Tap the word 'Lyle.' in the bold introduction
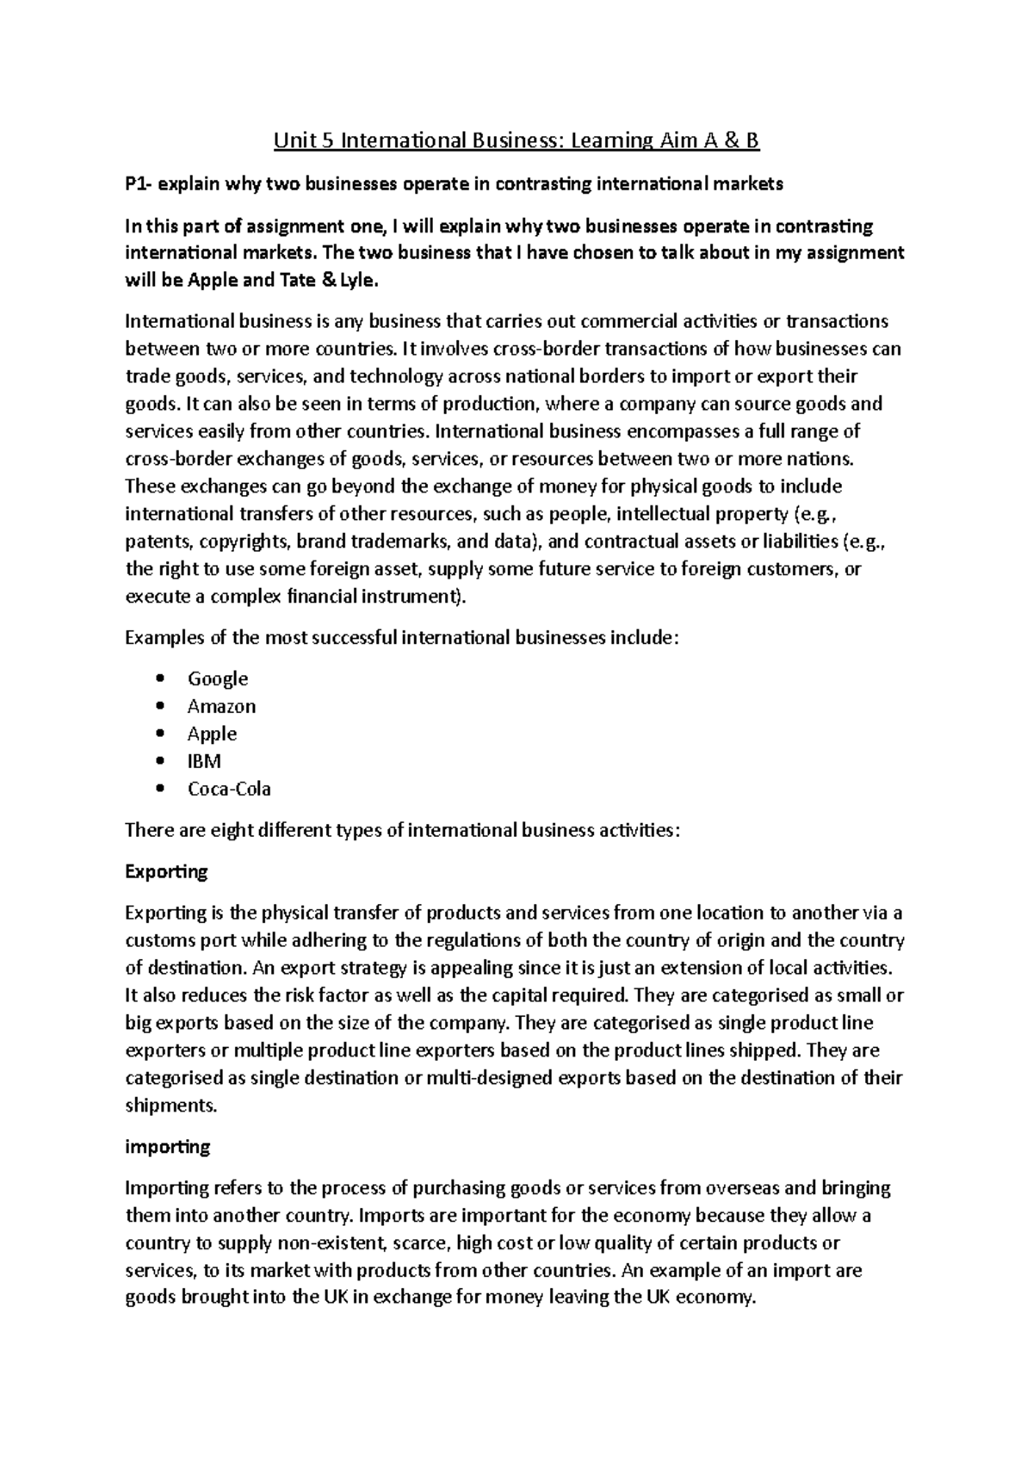pos(355,280)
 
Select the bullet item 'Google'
pos(218,678)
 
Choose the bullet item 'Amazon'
pos(221,706)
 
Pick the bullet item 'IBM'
pos(204,761)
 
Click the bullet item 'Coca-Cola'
pos(229,789)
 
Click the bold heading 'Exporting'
pos(166,871)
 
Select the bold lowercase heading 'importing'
pos(167,1147)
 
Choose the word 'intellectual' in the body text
pos(645,514)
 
